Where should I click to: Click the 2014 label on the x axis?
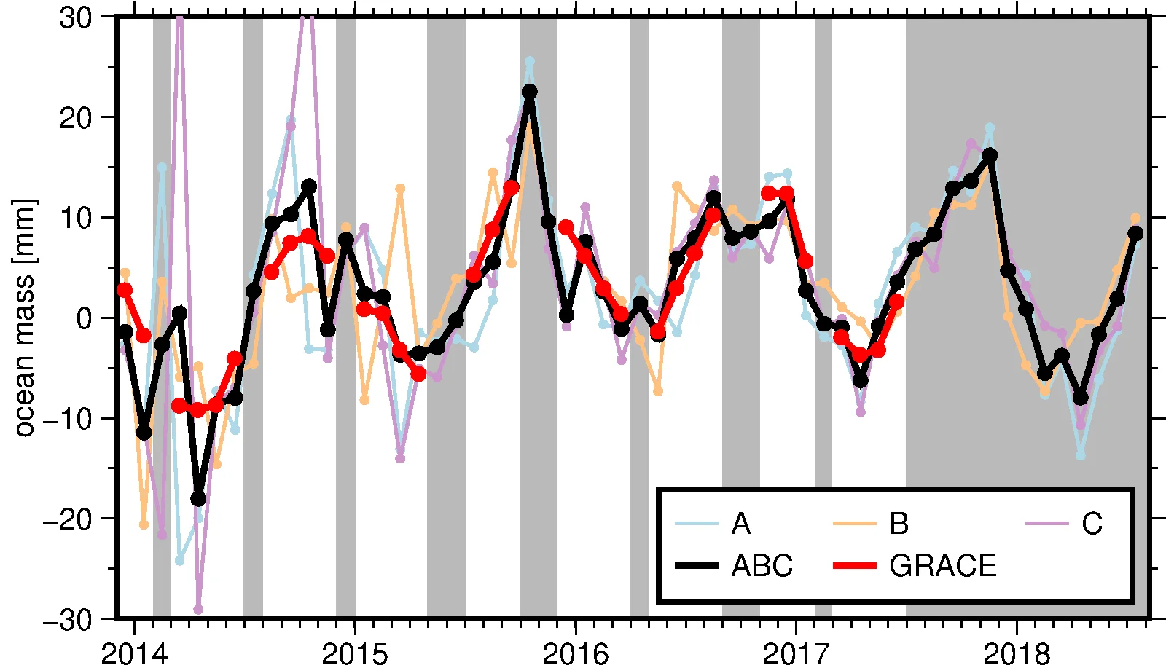click(x=134, y=653)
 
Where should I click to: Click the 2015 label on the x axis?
click(x=355, y=653)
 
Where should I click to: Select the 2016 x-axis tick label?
click(x=576, y=653)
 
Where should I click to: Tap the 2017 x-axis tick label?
click(x=796, y=653)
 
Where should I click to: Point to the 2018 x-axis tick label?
click(x=1017, y=653)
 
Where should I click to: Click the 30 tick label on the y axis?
click(x=76, y=18)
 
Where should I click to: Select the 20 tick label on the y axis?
click(x=76, y=118)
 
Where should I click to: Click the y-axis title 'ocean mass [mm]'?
click(x=23, y=318)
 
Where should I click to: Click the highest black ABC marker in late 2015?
click(x=530, y=92)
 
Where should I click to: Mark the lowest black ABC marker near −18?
click(x=198, y=499)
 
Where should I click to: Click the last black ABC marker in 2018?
click(x=1135, y=233)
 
